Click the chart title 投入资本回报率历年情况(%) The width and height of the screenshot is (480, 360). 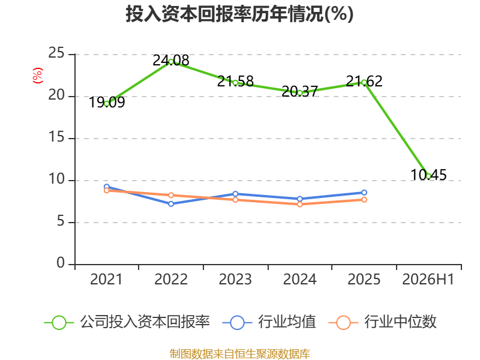239,14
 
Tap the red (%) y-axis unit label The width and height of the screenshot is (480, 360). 38,76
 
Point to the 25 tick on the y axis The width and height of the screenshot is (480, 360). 56,53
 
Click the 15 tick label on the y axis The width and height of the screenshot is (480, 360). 56,137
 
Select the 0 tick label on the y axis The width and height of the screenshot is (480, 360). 61,263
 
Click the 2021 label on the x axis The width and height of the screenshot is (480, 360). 106,279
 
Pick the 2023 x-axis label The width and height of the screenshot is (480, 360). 235,279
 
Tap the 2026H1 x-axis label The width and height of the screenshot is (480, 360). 428,279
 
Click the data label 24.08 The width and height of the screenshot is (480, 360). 171,61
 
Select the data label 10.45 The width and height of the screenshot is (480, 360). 428,175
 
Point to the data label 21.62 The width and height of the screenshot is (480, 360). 364,81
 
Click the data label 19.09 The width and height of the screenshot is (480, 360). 107,102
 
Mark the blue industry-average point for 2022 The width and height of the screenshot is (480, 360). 171,204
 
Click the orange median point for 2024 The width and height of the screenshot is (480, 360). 299,204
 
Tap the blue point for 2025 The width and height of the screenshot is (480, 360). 364,193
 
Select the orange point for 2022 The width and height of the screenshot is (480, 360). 171,196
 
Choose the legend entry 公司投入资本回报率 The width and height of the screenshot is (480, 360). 127,322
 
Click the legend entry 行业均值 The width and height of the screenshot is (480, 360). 269,322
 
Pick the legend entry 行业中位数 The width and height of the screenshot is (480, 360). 382,322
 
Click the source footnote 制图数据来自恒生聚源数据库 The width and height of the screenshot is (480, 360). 239,353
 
